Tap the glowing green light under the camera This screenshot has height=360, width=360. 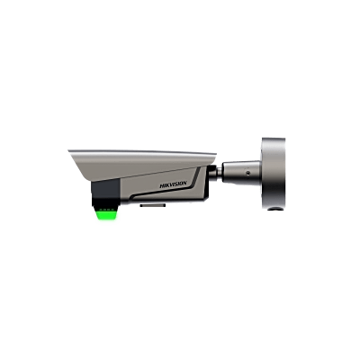click(106, 215)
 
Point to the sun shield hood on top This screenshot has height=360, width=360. click(144, 155)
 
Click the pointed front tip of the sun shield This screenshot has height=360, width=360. click(69, 150)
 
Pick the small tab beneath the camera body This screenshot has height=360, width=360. click(145, 206)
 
